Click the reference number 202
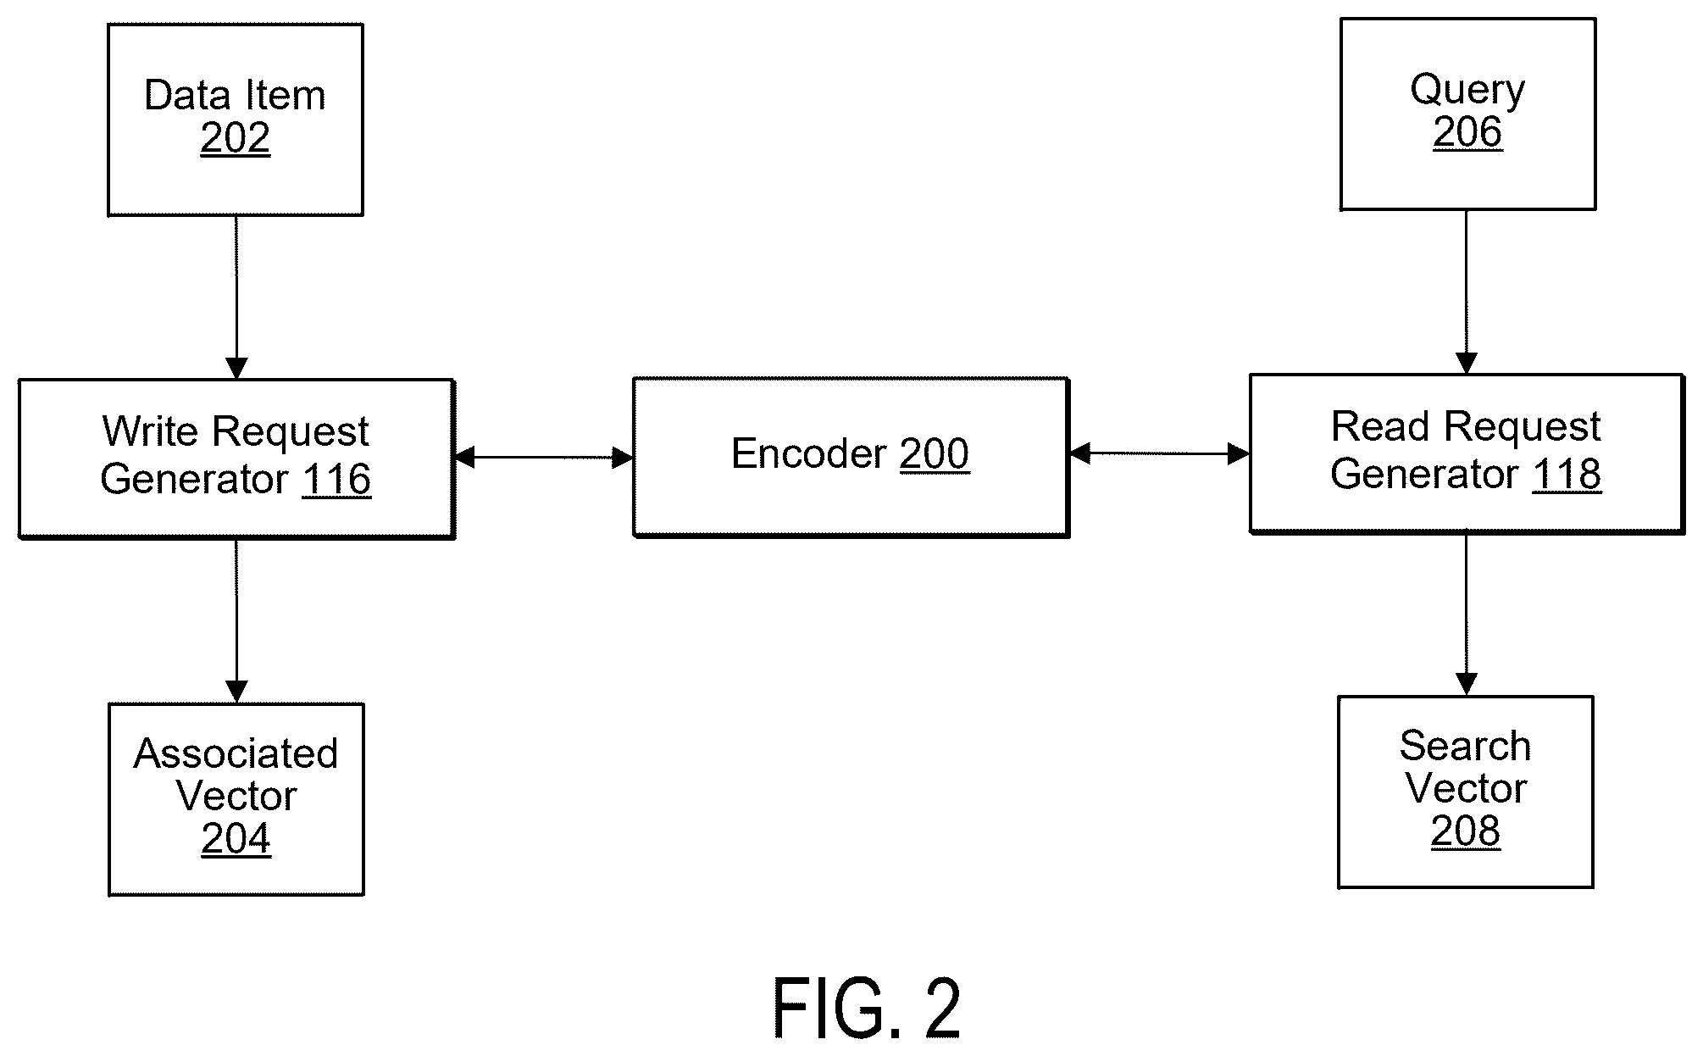236,138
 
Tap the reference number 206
1467,132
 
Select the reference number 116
336,480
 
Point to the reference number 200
935,454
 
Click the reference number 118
1567,474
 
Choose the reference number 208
1466,831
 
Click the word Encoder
809,454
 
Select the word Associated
236,753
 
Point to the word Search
1465,747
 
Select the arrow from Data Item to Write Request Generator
236,297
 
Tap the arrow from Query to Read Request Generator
1467,292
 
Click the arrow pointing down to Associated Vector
236,621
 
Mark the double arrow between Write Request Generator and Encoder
544,459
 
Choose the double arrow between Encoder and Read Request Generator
1160,454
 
